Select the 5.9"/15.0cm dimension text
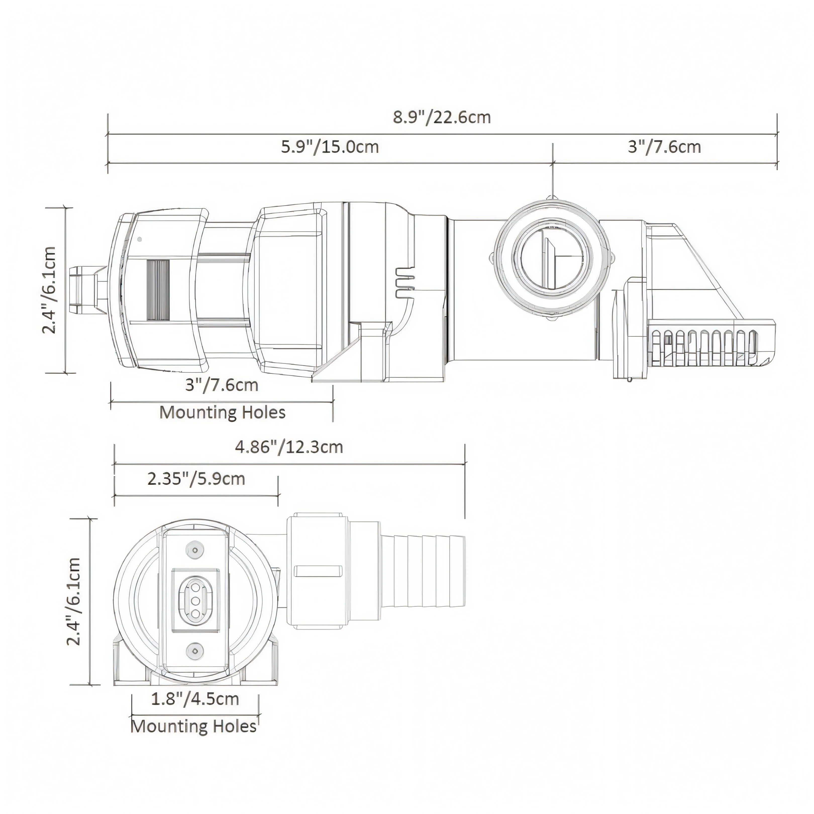(330, 147)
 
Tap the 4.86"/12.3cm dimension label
(289, 447)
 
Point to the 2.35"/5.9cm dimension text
(196, 479)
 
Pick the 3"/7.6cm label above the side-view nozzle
(665, 147)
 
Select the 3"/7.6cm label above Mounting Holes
(222, 385)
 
